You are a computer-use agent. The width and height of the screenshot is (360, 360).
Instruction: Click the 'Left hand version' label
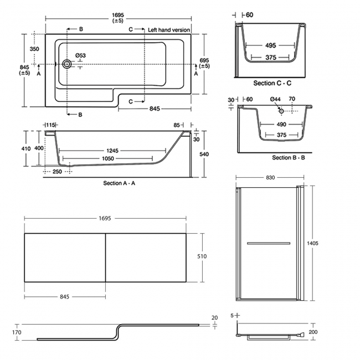pyautogui.click(x=169, y=29)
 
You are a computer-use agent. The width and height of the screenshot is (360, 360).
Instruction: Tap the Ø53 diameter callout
pyautogui.click(x=80, y=55)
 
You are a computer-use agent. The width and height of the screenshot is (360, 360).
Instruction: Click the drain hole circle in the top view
pyautogui.click(x=68, y=64)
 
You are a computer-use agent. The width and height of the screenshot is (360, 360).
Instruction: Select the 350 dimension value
pyautogui.click(x=34, y=49)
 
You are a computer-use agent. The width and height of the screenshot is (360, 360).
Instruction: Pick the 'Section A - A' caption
pyautogui.click(x=120, y=183)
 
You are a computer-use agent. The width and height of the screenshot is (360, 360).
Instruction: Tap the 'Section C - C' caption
pyautogui.click(x=272, y=83)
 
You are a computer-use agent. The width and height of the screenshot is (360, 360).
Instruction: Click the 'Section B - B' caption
pyautogui.click(x=289, y=158)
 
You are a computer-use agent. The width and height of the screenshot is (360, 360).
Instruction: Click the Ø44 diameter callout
pyautogui.click(x=275, y=99)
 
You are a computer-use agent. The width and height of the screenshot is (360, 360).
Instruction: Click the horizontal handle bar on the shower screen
pyautogui.click(x=268, y=243)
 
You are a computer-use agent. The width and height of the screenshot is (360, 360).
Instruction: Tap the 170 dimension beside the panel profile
pyautogui.click(x=17, y=332)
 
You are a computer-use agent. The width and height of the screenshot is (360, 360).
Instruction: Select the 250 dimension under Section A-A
pyautogui.click(x=58, y=172)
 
